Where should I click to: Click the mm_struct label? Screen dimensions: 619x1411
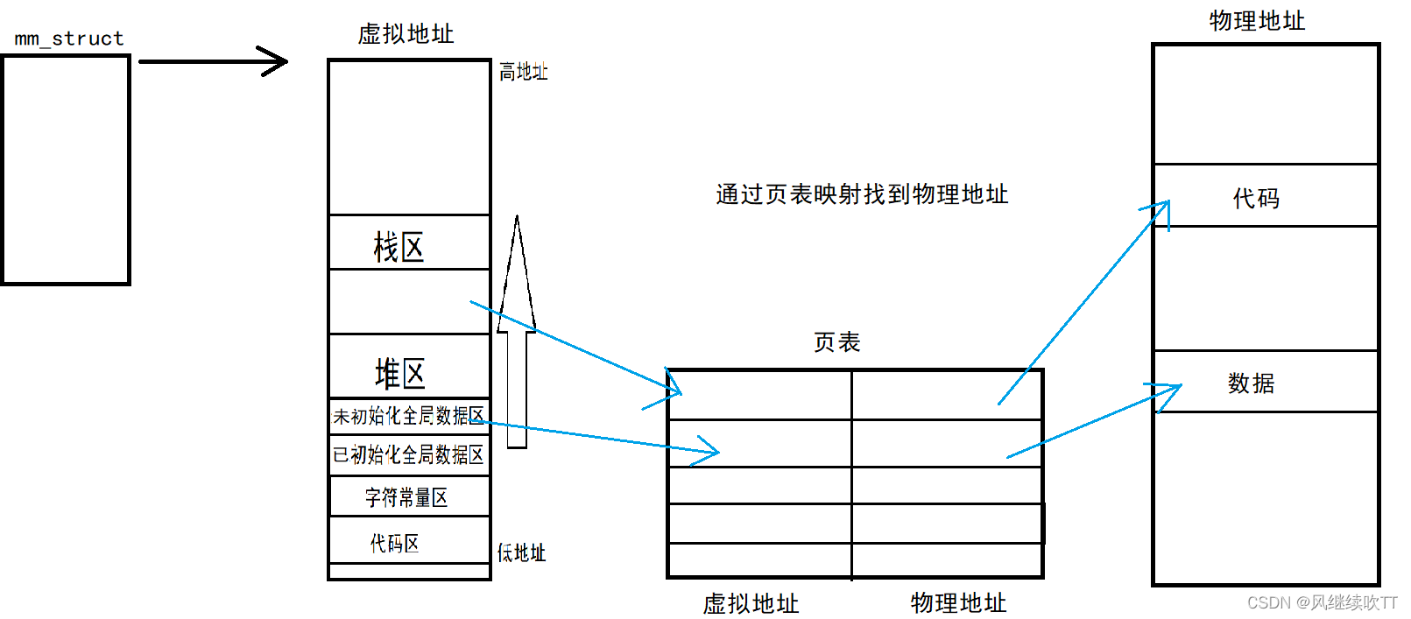click(x=69, y=39)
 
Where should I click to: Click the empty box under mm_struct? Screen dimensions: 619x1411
click(x=66, y=170)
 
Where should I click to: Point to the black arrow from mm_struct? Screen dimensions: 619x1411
click(x=213, y=61)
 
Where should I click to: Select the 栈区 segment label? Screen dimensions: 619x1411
click(x=399, y=247)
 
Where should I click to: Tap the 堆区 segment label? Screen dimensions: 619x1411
click(x=400, y=373)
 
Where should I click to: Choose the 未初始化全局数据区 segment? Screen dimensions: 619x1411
click(x=408, y=416)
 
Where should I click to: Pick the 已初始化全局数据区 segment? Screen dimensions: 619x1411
click(x=408, y=454)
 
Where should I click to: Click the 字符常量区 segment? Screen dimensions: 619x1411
click(x=406, y=497)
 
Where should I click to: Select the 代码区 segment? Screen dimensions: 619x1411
click(x=395, y=543)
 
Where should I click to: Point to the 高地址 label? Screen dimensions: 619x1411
click(x=523, y=72)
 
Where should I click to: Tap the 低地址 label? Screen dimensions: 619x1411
click(x=521, y=552)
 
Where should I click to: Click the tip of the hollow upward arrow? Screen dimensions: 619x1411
click(x=517, y=219)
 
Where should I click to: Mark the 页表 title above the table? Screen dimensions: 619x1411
click(x=836, y=342)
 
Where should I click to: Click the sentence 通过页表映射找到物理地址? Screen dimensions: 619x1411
click(x=862, y=194)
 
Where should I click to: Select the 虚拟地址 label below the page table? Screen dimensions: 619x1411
click(x=751, y=603)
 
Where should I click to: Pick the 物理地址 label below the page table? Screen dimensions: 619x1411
click(x=958, y=602)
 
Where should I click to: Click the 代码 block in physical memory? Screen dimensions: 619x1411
click(x=1256, y=198)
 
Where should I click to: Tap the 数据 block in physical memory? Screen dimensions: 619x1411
click(x=1251, y=383)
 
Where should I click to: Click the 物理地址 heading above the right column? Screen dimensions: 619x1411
click(x=1257, y=21)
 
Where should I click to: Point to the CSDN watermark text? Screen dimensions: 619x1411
click(x=1322, y=602)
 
